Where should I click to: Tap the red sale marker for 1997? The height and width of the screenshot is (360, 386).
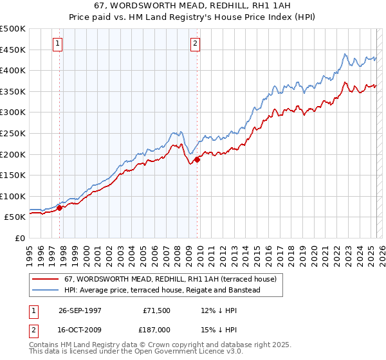coord(60,208)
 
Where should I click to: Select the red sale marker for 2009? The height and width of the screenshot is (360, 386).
coord(197,159)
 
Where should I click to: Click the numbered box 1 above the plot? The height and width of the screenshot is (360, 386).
coord(58,44)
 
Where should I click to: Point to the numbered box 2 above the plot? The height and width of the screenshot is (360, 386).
coord(195,44)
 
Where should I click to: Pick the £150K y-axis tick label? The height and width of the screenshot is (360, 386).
coord(13,175)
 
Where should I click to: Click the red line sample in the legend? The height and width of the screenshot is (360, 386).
coord(46,279)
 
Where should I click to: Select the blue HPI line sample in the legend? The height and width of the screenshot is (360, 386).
coord(46,290)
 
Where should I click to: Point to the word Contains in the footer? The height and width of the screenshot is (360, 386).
coord(44,346)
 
